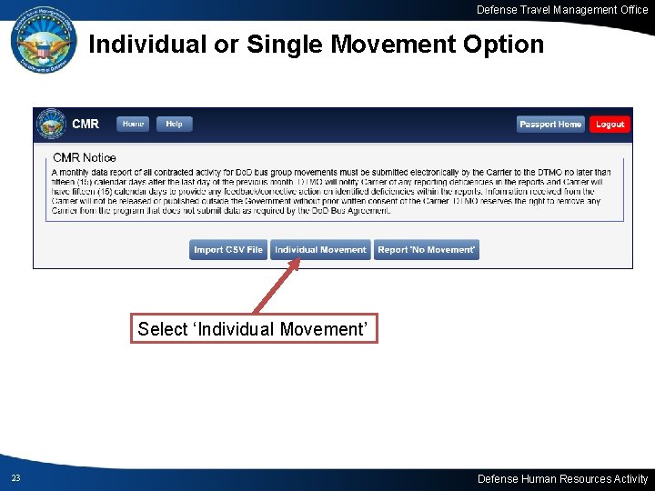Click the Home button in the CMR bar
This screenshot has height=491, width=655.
click(133, 124)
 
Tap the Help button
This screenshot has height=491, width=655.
click(174, 124)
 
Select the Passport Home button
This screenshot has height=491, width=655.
click(550, 124)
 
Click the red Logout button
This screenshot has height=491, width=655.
click(610, 124)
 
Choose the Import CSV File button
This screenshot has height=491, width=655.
click(228, 249)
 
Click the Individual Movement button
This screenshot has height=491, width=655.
click(320, 249)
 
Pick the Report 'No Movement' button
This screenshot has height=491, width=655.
click(426, 249)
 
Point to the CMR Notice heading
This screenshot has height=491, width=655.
click(85, 158)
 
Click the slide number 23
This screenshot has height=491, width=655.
click(15, 478)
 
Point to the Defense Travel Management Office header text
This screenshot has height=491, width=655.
click(562, 10)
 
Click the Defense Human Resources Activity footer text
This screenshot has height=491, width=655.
click(562, 478)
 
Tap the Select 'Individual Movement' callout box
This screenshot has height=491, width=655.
click(255, 329)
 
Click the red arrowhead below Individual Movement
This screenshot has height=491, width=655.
click(296, 265)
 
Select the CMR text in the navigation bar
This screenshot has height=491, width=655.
click(86, 124)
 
